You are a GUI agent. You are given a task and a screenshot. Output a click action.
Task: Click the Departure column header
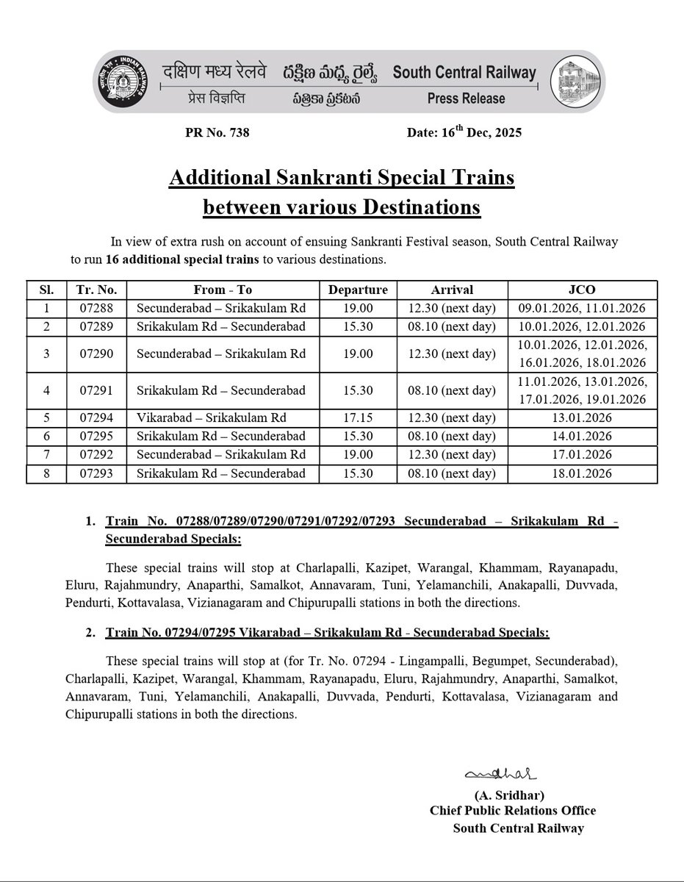point(358,290)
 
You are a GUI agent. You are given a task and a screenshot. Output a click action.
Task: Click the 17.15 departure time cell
point(358,418)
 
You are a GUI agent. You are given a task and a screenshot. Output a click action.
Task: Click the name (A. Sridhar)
point(509,795)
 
